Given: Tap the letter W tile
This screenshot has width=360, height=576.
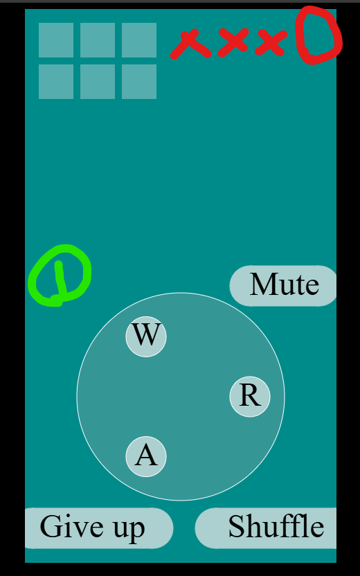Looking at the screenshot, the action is [x=146, y=336].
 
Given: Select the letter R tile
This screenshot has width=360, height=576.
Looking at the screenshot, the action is [x=250, y=397].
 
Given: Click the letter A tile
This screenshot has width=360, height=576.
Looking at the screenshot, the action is [x=146, y=457].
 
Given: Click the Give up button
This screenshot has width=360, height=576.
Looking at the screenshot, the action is [x=98, y=528].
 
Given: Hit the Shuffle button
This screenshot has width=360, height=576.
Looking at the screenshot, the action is [x=266, y=528].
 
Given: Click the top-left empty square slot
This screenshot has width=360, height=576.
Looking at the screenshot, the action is [x=56, y=40].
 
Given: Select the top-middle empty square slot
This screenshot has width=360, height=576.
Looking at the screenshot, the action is [x=98, y=40].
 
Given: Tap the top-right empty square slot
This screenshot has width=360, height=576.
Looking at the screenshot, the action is [x=139, y=40].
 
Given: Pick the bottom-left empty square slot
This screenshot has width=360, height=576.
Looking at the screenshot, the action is [x=56, y=82].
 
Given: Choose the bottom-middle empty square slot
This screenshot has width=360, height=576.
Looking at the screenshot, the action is [x=98, y=82].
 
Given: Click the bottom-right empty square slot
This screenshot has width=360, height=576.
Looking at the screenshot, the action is [x=139, y=82].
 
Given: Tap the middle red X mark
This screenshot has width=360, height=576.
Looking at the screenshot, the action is [x=233, y=41].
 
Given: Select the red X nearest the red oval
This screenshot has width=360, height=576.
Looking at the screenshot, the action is [x=271, y=43].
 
